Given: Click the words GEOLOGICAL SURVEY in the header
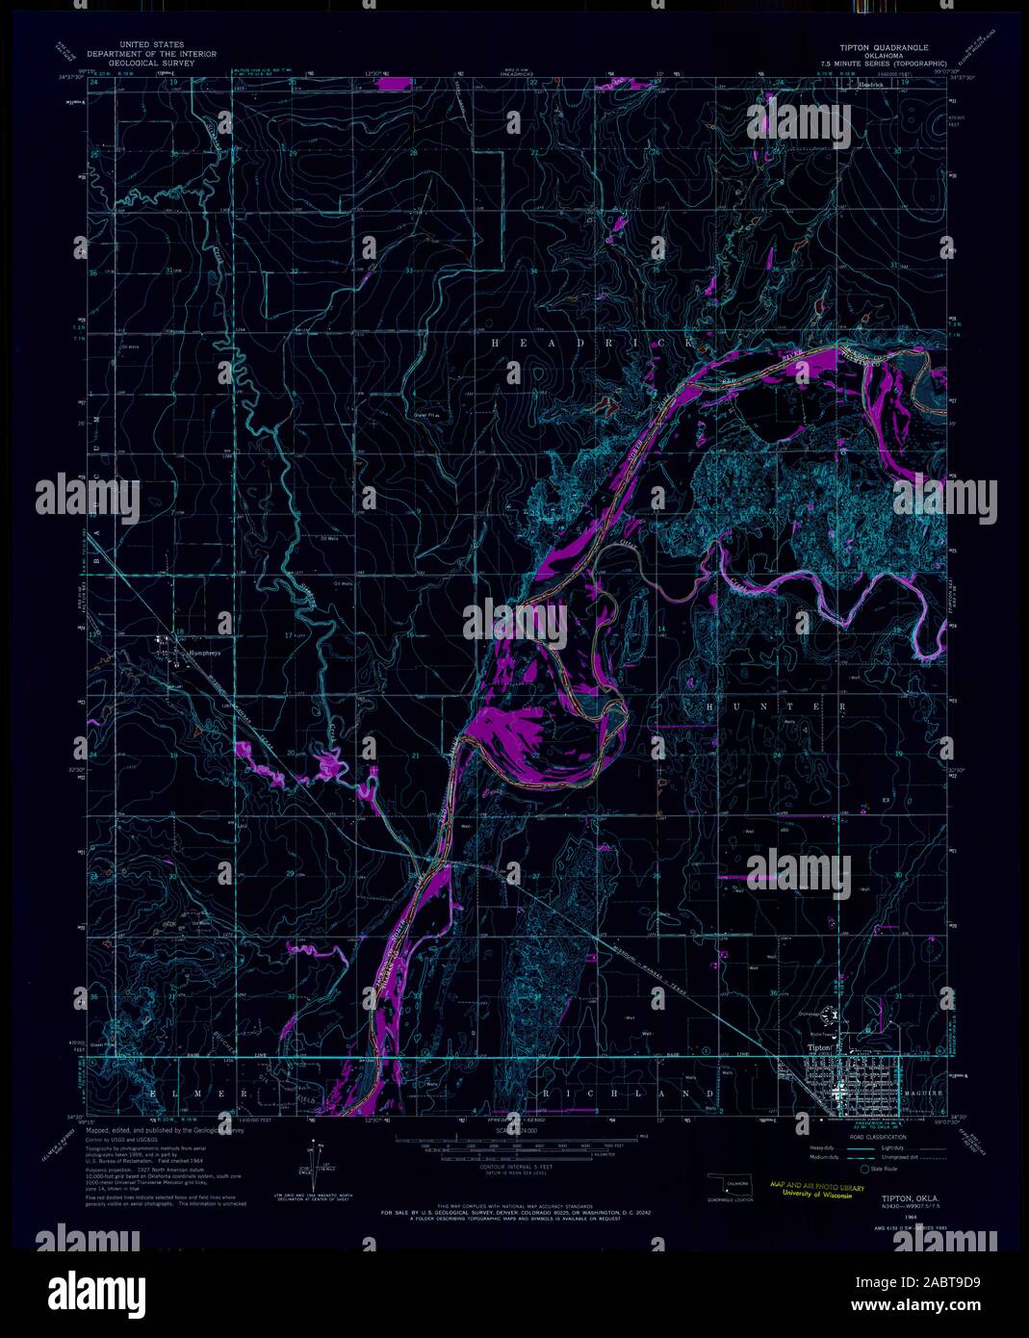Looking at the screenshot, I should point(151,63).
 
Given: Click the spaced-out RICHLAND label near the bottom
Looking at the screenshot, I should point(630,1094).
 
